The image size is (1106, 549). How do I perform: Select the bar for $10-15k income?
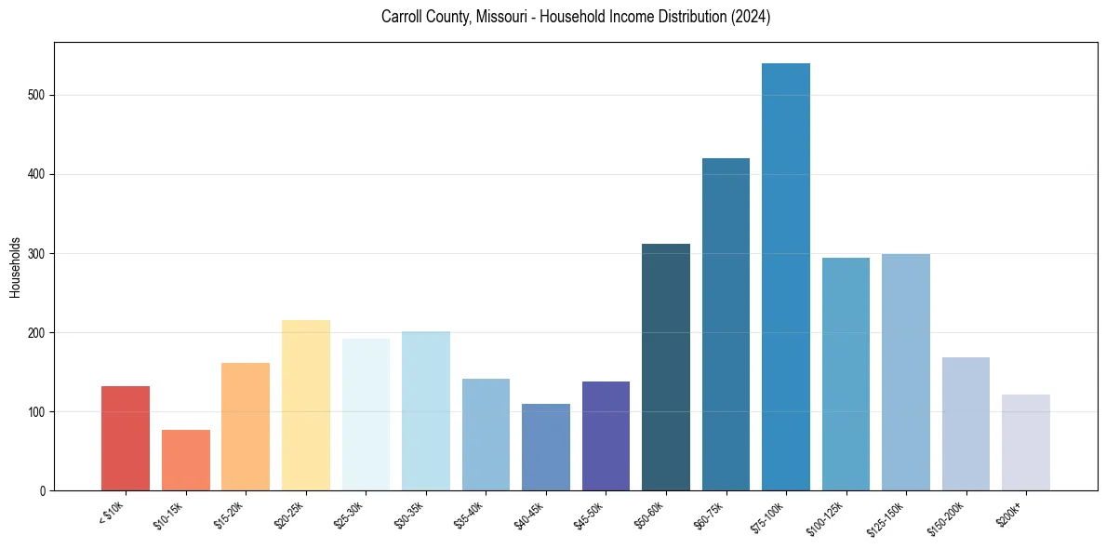186,461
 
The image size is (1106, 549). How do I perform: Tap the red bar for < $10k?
126,438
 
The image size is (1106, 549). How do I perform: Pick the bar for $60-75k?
726,325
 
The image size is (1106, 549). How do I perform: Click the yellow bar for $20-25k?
306,406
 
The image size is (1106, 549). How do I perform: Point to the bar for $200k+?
1026,443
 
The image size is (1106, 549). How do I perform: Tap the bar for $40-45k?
546,448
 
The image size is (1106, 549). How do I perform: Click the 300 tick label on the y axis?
38,253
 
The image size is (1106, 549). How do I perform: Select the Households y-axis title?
15,266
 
